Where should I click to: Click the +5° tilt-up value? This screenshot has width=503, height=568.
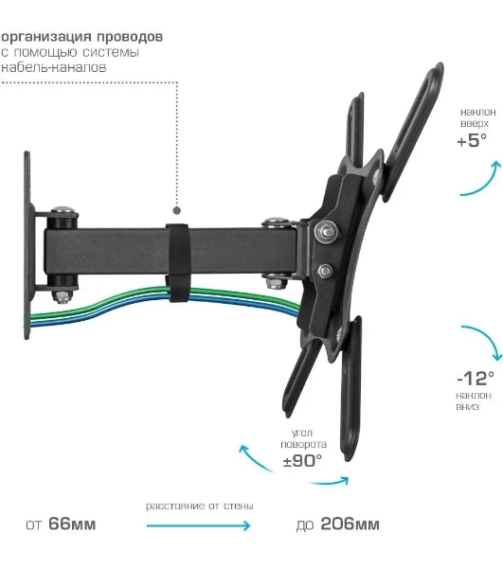point(472,140)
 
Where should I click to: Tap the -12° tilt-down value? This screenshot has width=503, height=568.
point(476,378)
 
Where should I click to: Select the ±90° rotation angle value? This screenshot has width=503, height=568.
point(302,461)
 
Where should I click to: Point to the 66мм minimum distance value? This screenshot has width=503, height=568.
point(72,524)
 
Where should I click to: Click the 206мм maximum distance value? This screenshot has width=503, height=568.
point(350,524)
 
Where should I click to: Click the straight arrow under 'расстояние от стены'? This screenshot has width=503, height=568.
point(198,525)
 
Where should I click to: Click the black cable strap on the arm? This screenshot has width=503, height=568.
point(178,262)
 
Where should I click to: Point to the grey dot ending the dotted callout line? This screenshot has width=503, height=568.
point(176,210)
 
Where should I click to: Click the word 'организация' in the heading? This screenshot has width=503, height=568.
point(46,37)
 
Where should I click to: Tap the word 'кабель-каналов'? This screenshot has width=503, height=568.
point(54,67)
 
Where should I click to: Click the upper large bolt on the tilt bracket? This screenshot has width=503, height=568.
point(326,231)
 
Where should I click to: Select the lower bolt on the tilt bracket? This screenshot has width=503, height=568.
point(325,270)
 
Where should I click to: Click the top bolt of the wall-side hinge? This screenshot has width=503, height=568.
point(64,210)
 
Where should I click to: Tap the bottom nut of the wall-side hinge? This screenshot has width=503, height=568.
point(63,296)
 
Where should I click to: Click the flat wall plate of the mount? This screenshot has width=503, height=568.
point(27,245)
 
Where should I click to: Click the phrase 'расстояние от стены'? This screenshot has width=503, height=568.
point(200,506)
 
